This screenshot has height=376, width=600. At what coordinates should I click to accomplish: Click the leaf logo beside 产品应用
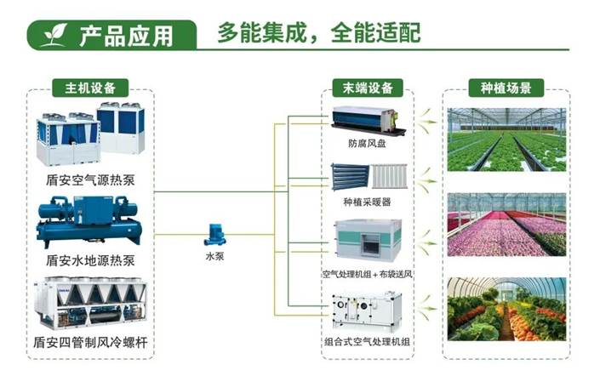coord(53,34)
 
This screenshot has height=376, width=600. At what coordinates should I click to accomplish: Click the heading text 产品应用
coord(126,35)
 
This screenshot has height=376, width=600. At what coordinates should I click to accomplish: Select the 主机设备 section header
coord(90,88)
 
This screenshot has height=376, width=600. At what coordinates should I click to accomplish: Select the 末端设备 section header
coord(368,88)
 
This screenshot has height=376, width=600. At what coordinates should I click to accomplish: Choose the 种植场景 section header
coord(506,88)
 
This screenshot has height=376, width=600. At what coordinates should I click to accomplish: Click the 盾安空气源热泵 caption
coord(89,179)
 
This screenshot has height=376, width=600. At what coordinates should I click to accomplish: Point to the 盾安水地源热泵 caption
coord(89,260)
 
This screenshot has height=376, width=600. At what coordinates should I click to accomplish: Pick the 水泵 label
coord(215,254)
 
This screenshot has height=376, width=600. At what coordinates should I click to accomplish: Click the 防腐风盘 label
coord(366,143)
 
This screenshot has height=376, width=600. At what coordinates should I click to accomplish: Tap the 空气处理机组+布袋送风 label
coord(366,274)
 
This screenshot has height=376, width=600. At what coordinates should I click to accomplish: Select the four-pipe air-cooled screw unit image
coord(89,304)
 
